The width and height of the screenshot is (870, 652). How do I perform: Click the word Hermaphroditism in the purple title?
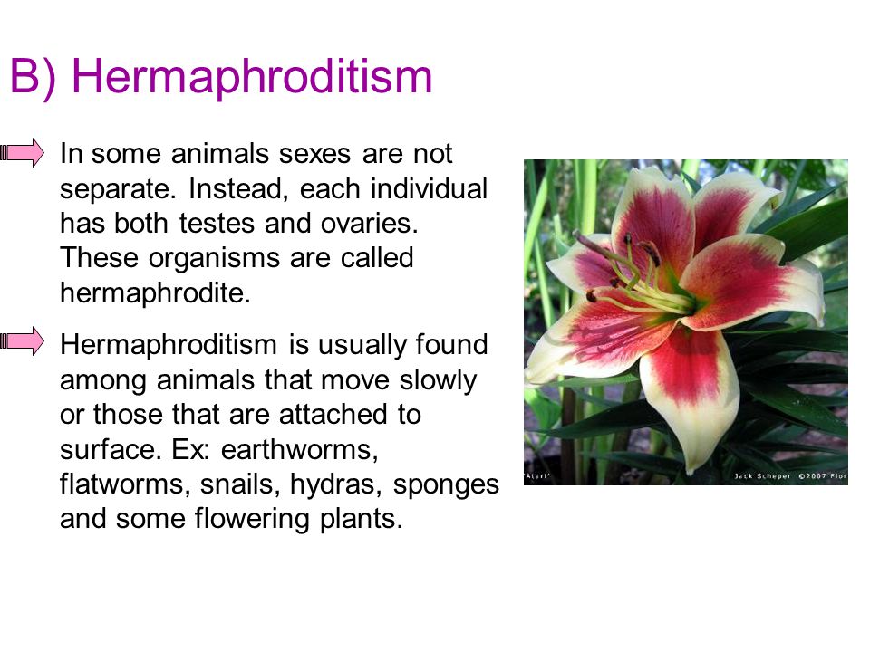point(252,77)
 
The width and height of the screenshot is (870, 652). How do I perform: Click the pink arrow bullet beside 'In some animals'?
point(22,152)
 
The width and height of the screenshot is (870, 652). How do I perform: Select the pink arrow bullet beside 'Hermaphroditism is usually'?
point(22,341)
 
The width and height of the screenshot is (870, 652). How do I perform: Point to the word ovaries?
point(369,224)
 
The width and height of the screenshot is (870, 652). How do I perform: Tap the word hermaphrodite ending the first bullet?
point(155,292)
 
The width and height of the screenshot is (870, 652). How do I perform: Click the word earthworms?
point(300,449)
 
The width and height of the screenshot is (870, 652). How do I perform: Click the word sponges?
point(446,485)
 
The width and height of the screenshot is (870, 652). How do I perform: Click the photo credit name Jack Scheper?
point(762,476)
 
